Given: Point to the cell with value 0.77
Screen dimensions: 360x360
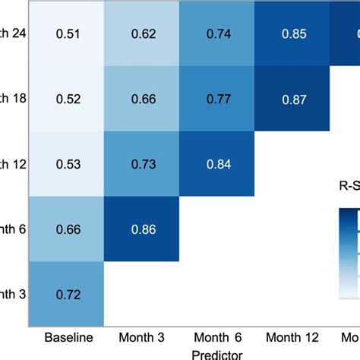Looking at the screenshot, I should pos(217,99).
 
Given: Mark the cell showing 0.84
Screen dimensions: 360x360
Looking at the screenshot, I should pos(217,164).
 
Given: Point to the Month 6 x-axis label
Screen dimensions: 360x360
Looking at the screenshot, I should pos(218,336).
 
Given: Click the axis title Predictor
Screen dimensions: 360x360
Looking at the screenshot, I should pos(217,353).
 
